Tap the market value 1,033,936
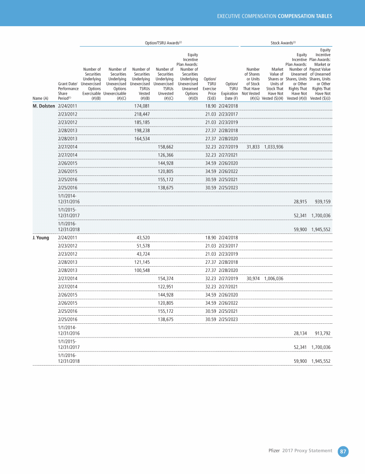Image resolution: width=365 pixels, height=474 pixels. [273, 146]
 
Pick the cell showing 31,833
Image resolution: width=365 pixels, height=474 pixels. [252, 146]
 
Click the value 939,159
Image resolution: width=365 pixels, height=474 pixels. [321, 202]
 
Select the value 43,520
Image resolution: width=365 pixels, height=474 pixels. [144, 237]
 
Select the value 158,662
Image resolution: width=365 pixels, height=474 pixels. [165, 146]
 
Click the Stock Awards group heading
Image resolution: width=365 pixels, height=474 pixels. [283, 43]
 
